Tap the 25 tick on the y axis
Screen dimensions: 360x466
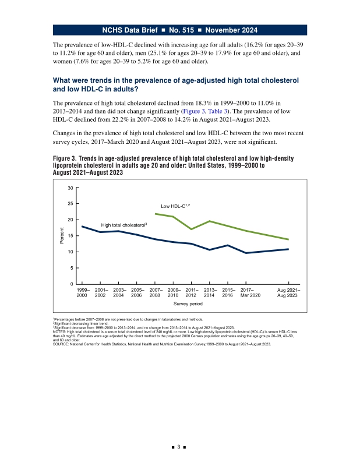click(x=70, y=203)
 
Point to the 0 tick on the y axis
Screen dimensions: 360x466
click(x=72, y=284)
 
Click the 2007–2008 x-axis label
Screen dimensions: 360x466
click(x=155, y=293)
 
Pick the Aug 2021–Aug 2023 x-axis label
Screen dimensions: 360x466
click(x=288, y=293)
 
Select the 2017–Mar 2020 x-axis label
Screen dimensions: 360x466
click(x=250, y=293)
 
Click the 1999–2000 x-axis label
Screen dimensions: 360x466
click(x=83, y=293)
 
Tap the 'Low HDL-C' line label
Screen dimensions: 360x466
click(x=175, y=206)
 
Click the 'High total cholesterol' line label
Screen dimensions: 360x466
click(x=124, y=225)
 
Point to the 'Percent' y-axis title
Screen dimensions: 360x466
click(x=62, y=236)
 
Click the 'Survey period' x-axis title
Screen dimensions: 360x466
click(x=188, y=303)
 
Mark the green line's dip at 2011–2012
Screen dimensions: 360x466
click(x=191, y=229)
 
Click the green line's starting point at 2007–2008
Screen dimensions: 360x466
click(x=155, y=214)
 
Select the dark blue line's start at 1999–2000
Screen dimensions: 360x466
click(x=82, y=227)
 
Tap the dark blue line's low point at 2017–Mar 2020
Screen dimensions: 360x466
click(x=246, y=253)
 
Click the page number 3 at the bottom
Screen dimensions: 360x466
click(x=179, y=447)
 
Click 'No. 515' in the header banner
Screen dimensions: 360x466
click(x=181, y=30)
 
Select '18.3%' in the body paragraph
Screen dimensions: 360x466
click(x=203, y=103)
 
